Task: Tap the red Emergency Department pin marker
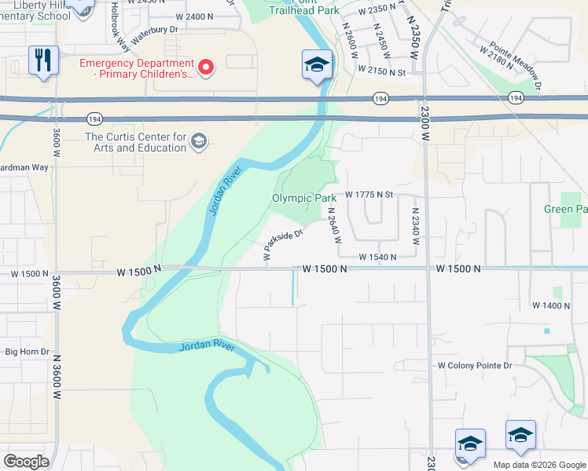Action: (206, 67)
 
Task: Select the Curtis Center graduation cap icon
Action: (199, 141)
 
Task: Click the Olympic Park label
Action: (304, 199)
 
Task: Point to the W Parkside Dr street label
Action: (282, 246)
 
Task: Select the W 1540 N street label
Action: (377, 257)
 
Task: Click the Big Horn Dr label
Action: (27, 352)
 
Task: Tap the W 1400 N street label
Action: (551, 305)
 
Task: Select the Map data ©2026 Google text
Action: (539, 465)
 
